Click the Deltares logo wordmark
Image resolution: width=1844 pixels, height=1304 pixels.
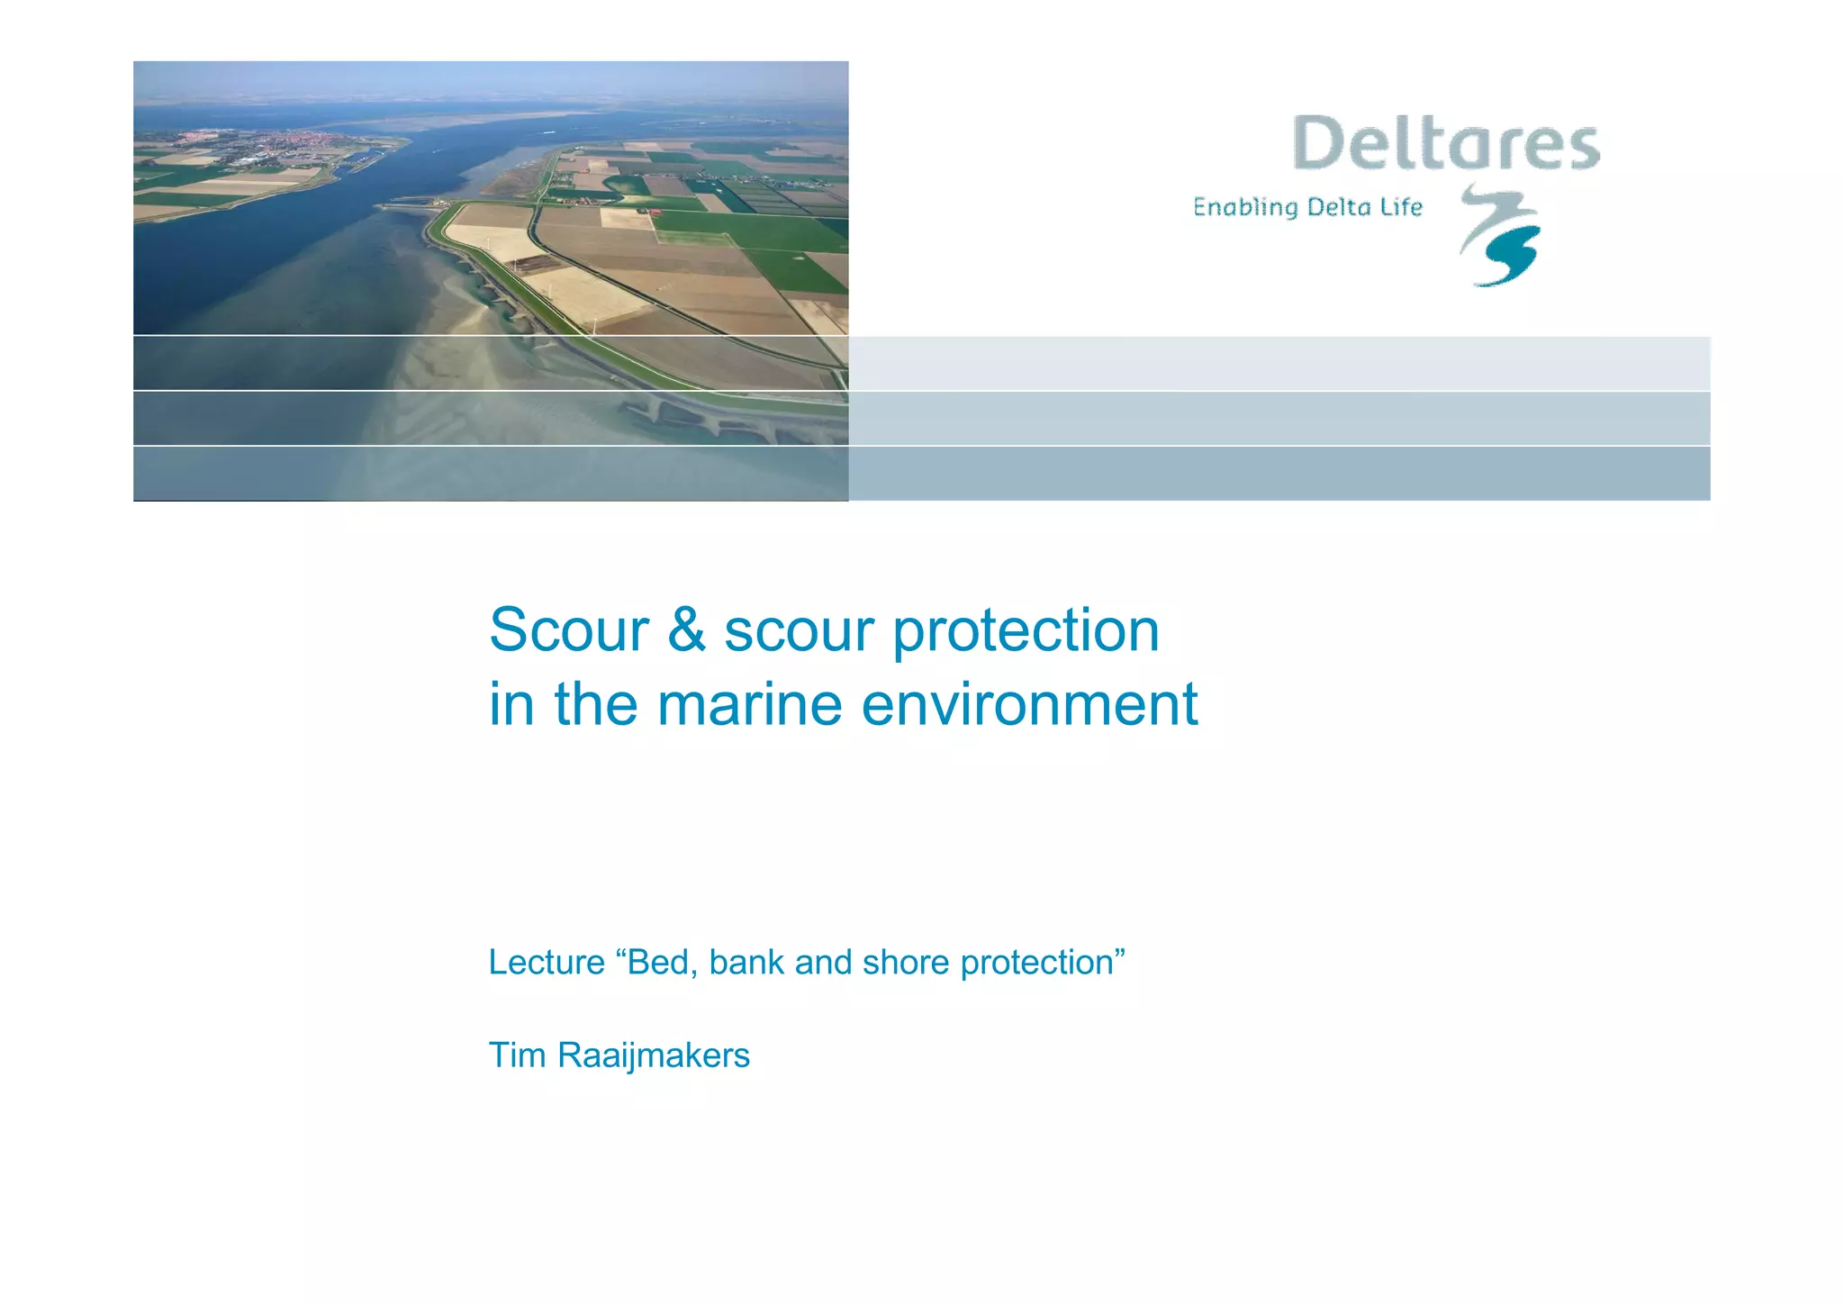tap(1446, 143)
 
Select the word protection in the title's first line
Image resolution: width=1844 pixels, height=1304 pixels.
tap(1026, 630)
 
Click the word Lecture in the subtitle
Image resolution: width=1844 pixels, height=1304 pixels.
tap(547, 962)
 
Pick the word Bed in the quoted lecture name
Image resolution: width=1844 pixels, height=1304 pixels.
tap(661, 962)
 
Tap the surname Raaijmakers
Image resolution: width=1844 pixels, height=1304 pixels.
tap(654, 1055)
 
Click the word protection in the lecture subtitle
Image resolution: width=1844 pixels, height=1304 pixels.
tap(1038, 963)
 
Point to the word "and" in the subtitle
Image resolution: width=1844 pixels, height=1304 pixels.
tap(823, 962)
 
